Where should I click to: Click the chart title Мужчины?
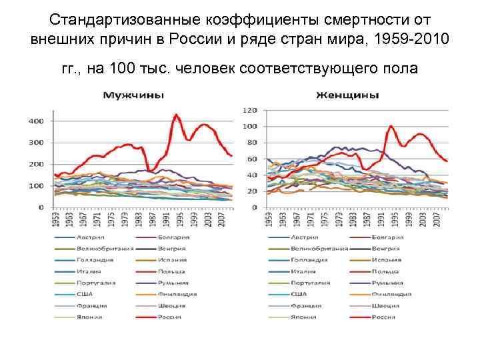point(133,95)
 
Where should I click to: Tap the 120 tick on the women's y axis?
point(250,110)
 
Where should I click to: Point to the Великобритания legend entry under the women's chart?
point(318,249)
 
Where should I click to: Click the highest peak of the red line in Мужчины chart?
point(176,115)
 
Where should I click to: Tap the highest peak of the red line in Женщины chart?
point(391,126)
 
